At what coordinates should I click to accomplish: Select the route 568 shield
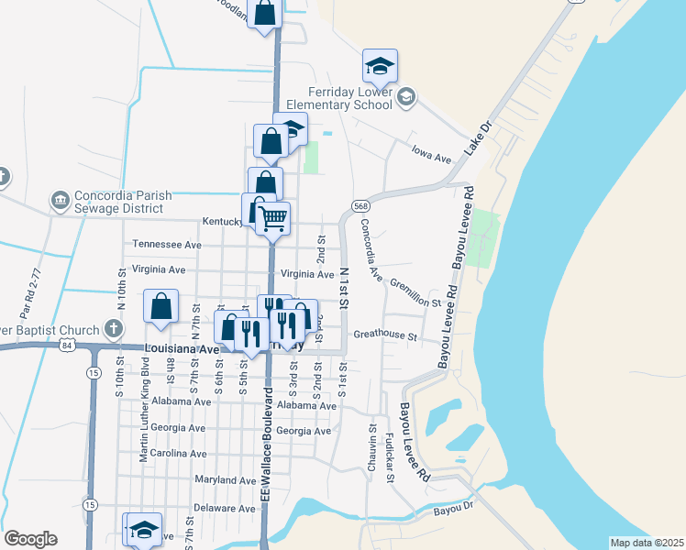click(359, 204)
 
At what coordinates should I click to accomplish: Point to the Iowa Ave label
click(431, 154)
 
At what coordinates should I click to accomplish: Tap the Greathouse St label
click(385, 335)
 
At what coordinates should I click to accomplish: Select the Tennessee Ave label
click(166, 245)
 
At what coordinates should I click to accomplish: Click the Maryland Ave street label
click(226, 479)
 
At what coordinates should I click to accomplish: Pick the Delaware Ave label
click(225, 507)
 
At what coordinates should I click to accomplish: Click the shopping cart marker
click(272, 218)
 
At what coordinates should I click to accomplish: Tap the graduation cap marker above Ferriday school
click(380, 66)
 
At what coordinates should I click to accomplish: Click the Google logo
click(30, 539)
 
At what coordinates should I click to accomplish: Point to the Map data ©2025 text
click(647, 543)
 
